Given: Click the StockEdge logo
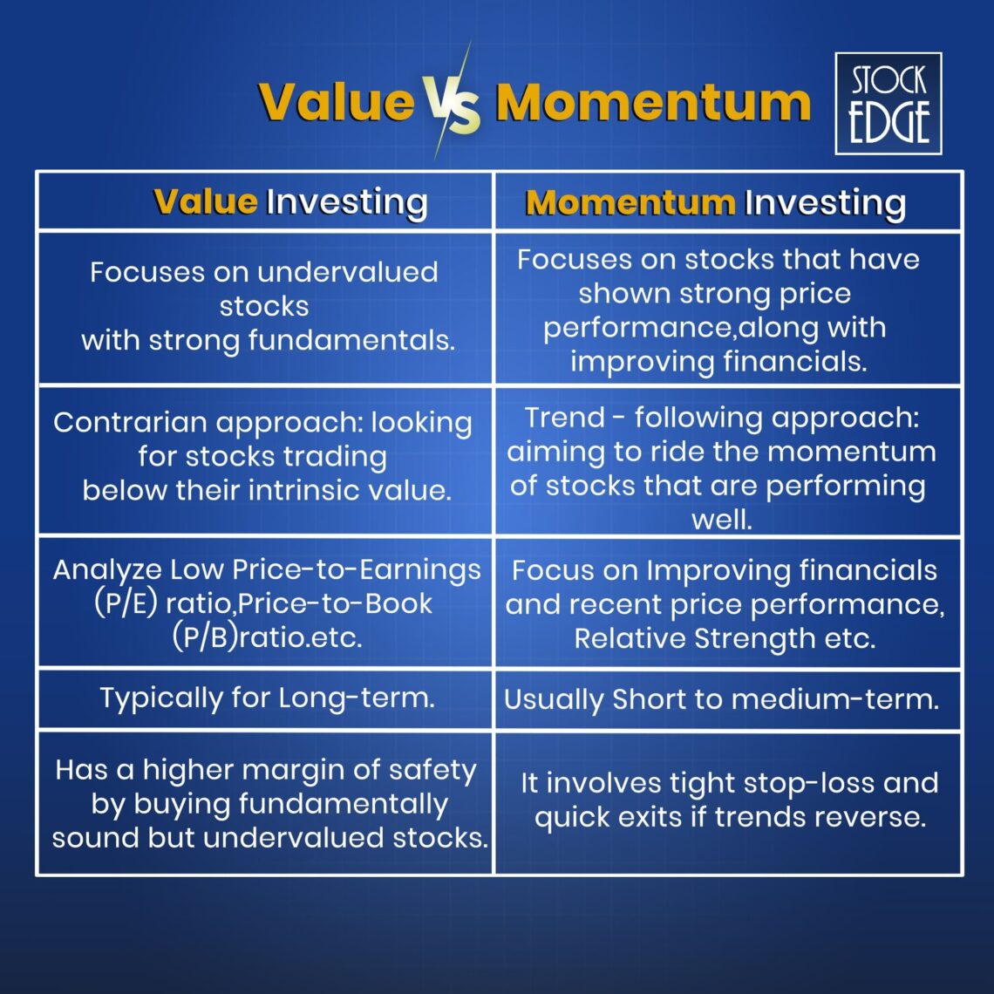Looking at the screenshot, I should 888,103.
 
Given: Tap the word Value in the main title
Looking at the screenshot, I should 337,103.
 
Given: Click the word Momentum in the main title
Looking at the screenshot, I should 652,103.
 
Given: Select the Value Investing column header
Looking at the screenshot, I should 290,202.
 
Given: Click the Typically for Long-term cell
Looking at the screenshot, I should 267,698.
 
